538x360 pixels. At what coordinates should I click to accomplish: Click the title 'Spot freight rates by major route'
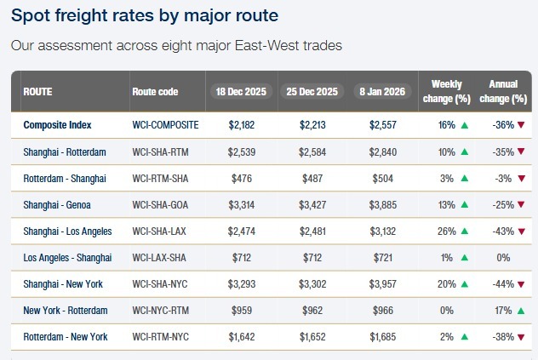click(145, 15)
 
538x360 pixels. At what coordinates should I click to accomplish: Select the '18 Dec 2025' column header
click(242, 91)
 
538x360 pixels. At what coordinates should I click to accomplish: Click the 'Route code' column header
click(155, 91)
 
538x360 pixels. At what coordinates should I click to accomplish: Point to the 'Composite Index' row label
click(57, 124)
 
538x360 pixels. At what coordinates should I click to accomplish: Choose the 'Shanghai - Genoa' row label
click(58, 204)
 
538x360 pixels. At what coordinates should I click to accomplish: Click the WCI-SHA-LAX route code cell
click(163, 231)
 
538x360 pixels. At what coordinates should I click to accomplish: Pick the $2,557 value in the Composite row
click(382, 124)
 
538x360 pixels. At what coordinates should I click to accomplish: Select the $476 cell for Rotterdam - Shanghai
click(242, 178)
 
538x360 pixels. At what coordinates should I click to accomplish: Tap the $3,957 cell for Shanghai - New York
click(382, 283)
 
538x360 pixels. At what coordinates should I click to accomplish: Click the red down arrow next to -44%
click(520, 284)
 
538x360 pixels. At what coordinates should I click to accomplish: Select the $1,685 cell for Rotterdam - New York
click(382, 337)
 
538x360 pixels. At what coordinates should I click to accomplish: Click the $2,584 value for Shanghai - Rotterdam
click(312, 151)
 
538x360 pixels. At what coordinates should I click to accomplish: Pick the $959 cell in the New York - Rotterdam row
click(242, 311)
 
